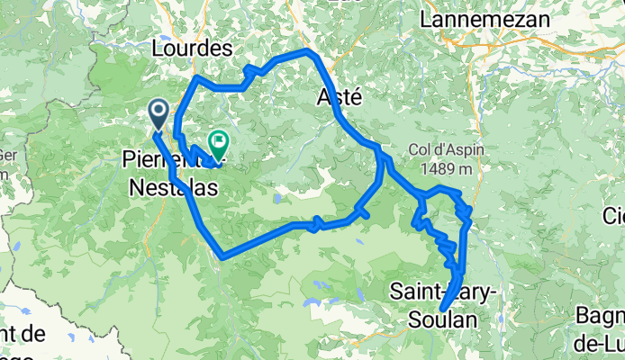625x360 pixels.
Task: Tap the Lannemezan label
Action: [x=476, y=17]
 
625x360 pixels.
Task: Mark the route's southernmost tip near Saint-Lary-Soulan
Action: [x=442, y=310]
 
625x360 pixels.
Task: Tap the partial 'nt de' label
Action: [x=22, y=334]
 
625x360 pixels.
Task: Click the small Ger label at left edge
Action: [x=7, y=154]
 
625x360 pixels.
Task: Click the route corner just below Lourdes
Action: [x=196, y=79]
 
